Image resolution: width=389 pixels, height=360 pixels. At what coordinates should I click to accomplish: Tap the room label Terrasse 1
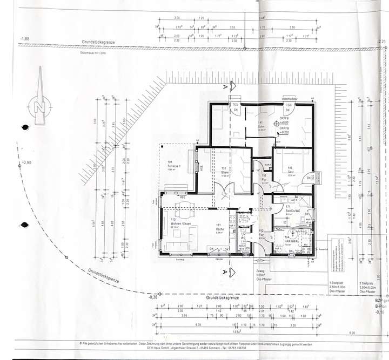point(173,165)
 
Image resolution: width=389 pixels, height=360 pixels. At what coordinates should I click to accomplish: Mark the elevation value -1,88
point(24,39)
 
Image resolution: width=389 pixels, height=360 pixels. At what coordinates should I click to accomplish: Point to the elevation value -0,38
point(153,297)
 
